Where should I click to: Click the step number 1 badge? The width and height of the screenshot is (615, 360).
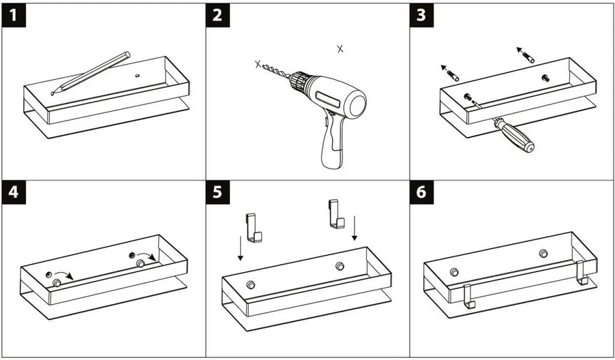click(x=14, y=15)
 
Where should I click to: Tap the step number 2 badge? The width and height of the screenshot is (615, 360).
click(x=217, y=15)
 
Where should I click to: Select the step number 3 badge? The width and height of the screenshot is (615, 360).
click(x=421, y=15)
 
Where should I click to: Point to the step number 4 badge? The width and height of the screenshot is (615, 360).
click(x=14, y=194)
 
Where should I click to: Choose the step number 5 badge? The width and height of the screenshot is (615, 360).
click(x=217, y=194)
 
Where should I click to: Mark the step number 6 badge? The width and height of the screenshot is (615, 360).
click(x=421, y=194)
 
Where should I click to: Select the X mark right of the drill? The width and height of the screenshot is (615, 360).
click(x=340, y=48)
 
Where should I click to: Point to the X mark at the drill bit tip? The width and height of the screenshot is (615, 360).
click(x=258, y=64)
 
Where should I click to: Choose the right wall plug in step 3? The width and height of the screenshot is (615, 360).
click(x=526, y=55)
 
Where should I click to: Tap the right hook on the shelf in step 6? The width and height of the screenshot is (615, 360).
click(x=581, y=275)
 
